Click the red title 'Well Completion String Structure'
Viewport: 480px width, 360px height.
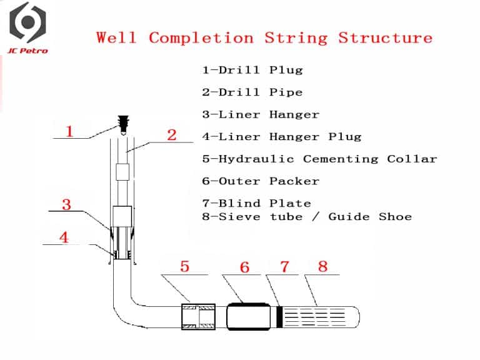click(x=264, y=37)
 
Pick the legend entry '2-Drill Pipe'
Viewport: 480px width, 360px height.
click(x=252, y=92)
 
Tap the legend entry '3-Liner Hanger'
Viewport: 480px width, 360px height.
click(x=261, y=114)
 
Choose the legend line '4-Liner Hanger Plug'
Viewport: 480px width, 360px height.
click(x=282, y=136)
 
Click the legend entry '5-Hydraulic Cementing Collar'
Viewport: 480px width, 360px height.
click(x=319, y=159)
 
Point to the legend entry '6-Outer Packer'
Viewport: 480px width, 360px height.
click(x=261, y=181)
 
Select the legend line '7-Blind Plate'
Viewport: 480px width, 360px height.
click(x=256, y=203)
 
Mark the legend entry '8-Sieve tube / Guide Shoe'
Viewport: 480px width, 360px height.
click(x=307, y=217)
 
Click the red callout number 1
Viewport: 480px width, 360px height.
click(x=70, y=131)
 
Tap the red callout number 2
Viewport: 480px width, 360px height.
click(x=172, y=134)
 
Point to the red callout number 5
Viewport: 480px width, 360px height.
click(x=184, y=267)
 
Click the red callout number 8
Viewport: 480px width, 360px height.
click(x=322, y=267)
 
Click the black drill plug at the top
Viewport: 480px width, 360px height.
click(x=123, y=123)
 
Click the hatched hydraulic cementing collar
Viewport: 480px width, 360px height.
click(x=198, y=316)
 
